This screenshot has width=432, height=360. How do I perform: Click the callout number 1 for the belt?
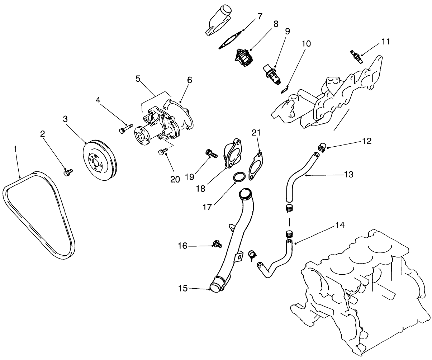15,148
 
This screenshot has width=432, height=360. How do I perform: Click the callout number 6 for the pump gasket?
189,80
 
